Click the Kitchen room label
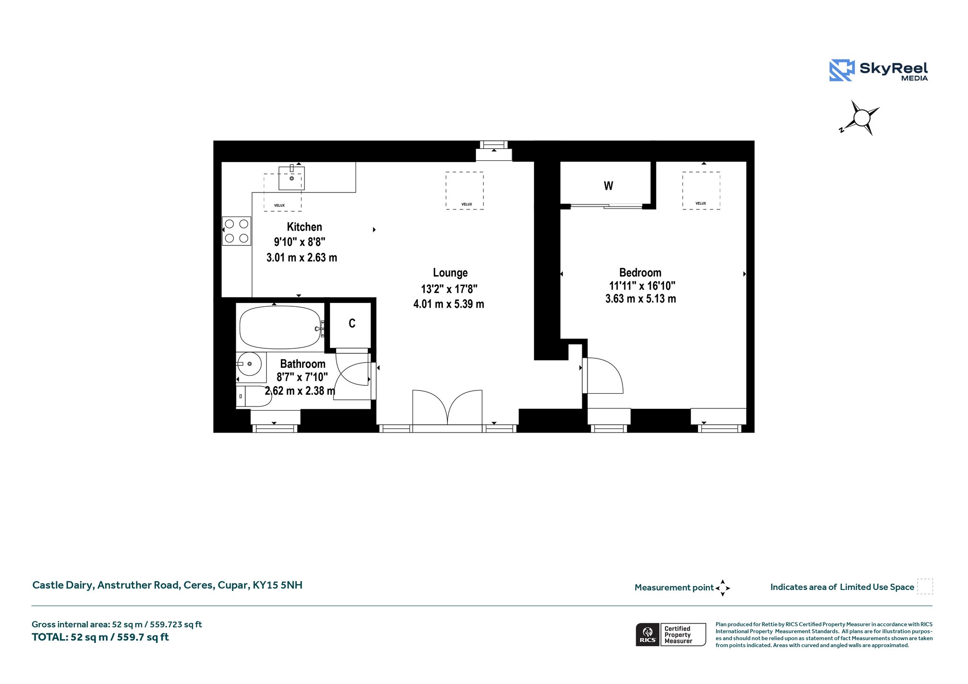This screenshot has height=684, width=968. pos(304,227)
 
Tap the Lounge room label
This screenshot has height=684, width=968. pos(450,273)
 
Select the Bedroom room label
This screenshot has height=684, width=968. pos(640,273)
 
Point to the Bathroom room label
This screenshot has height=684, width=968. pos(303,364)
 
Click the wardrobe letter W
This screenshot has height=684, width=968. pos(608,186)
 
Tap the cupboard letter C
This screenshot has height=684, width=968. pos(352,323)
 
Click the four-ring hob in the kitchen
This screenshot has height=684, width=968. pos(236,231)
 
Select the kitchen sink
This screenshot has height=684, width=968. pos(292,178)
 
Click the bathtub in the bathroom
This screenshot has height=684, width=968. pos(281,328)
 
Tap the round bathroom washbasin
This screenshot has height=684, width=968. pos(249,364)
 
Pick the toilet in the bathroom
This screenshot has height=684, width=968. pos(254,396)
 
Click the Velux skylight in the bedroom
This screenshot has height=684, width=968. pos(701,190)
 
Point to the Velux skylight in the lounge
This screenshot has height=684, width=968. pos(465,190)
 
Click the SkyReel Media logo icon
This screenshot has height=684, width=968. pos(842,70)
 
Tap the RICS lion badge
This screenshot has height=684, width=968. pos(648,634)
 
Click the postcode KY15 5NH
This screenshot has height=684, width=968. pos(277,585)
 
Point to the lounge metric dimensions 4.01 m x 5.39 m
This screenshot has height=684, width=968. pos(449,304)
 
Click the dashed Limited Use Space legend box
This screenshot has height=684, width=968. pos(925,587)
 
